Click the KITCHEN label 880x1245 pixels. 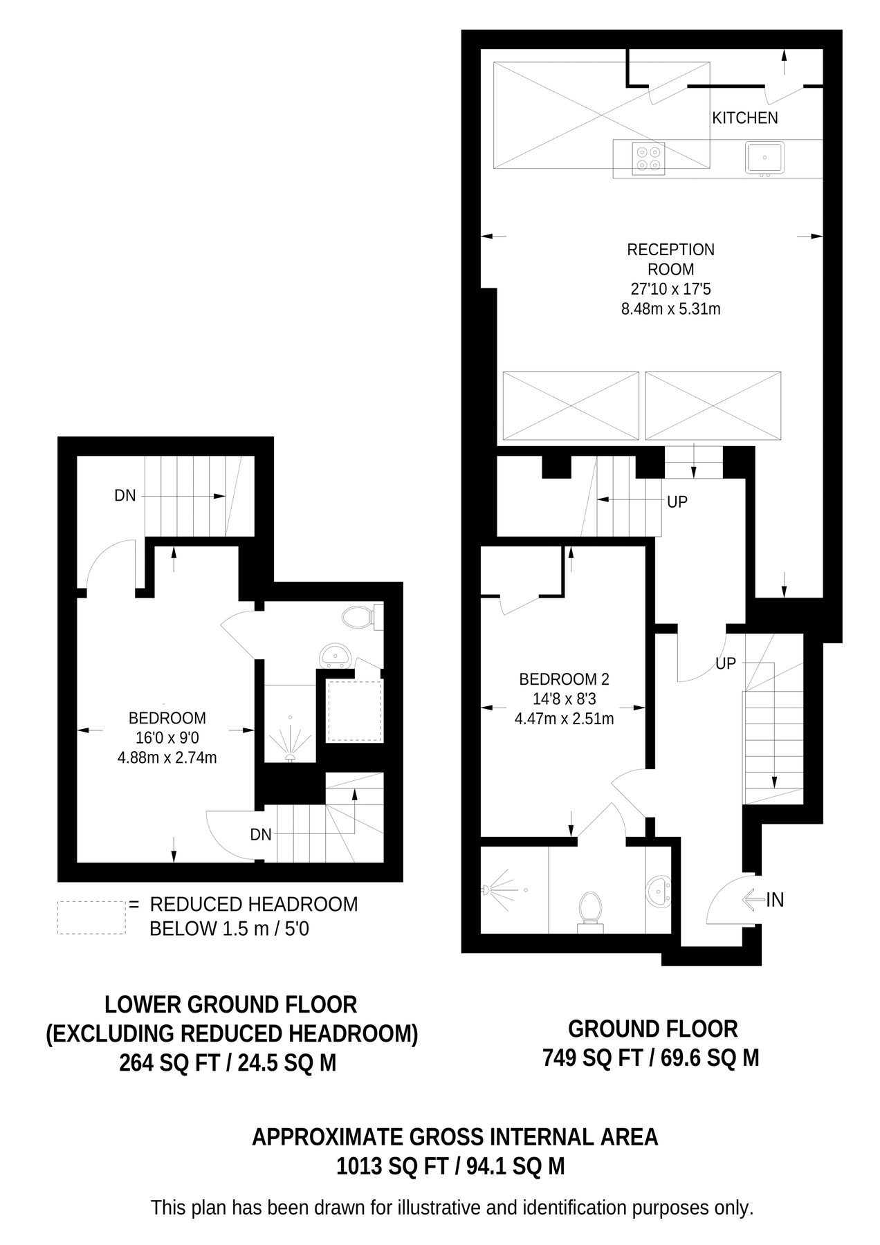click(x=744, y=118)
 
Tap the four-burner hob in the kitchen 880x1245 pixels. click(x=648, y=158)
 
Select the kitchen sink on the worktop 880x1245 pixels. click(x=764, y=158)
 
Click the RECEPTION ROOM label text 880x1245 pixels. click(x=670, y=259)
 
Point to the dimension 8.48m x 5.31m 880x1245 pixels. click(x=670, y=309)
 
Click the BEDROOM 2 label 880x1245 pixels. click(x=564, y=679)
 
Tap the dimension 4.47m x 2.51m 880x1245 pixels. click(x=564, y=719)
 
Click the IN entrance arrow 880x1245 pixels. click(x=754, y=900)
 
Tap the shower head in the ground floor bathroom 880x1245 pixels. click(x=488, y=888)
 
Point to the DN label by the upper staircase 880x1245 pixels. click(x=125, y=496)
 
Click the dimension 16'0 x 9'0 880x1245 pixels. click(x=167, y=738)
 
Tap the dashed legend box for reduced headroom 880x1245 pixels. click(x=91, y=917)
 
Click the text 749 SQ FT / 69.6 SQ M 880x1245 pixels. click(x=650, y=1058)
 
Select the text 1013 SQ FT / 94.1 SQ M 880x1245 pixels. click(x=450, y=1167)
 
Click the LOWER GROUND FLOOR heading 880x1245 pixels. click(x=231, y=1004)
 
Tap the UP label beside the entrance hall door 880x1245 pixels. click(x=725, y=664)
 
